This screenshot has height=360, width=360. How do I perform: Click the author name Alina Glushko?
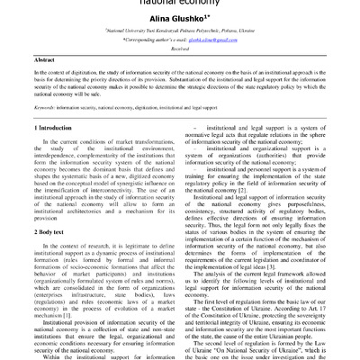pos(178,27)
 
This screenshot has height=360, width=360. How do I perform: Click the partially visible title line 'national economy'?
pos(179,4)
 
